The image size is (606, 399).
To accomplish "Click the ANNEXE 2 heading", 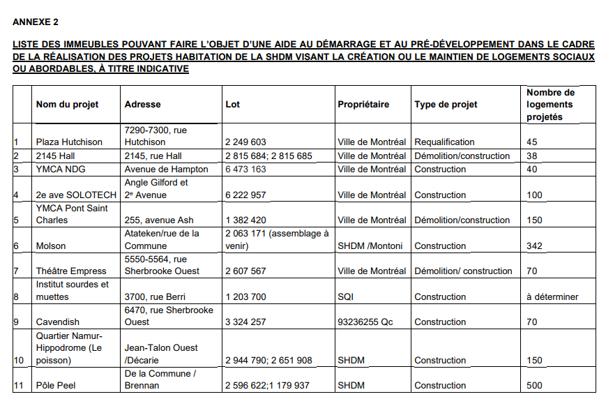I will click(x=36, y=22).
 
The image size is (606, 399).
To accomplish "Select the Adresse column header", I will click(x=142, y=105).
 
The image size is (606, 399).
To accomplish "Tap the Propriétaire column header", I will click(x=363, y=105).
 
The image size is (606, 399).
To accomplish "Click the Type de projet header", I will click(x=446, y=105).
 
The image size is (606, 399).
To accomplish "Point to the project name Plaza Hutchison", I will click(x=69, y=142).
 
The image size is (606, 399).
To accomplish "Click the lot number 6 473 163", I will click(x=245, y=170).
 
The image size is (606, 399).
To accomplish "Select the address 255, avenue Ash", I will click(x=158, y=220).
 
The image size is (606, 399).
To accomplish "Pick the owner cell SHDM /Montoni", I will click(x=370, y=246).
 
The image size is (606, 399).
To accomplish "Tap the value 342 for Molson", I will click(x=535, y=246).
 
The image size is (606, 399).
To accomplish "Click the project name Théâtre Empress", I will click(x=71, y=271).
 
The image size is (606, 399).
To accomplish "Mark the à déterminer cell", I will click(x=552, y=297).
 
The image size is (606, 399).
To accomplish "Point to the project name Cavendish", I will click(x=58, y=322).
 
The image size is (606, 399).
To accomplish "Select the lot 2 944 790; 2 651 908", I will click(x=268, y=361).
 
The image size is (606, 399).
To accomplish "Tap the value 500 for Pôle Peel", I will click(x=535, y=386).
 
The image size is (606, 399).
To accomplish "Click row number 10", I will click(x=19, y=361).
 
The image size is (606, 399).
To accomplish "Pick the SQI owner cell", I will click(x=346, y=297).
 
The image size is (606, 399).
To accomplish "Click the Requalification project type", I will click(x=444, y=142).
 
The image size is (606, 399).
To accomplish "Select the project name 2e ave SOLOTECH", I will click(x=76, y=195).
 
